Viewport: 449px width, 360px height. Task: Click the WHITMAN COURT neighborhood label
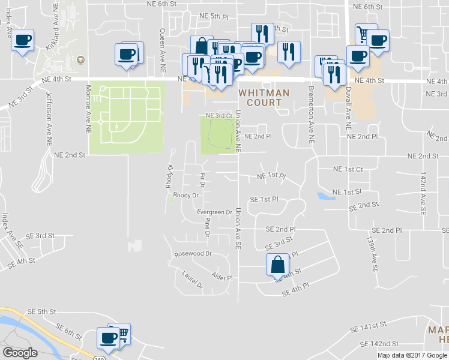pos(264,98)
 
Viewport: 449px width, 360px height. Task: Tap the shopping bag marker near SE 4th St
pos(277,264)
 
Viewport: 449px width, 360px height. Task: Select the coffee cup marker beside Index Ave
pos(22,41)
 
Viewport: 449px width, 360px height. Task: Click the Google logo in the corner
pos(20,353)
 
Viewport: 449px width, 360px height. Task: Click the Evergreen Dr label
pos(215,212)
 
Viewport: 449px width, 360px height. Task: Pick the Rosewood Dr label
pos(193,254)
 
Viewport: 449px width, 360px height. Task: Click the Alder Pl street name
pos(221,277)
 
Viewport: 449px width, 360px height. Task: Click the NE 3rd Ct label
pos(218,115)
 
